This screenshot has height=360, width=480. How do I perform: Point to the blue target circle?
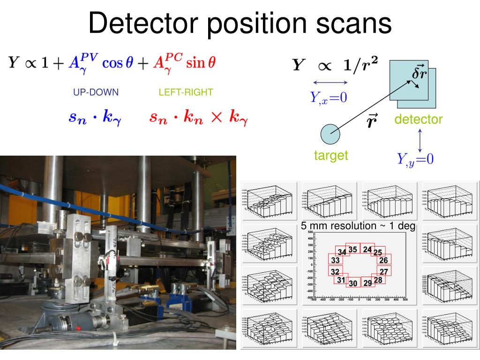pos(330,134)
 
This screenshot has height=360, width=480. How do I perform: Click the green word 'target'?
pos(331,155)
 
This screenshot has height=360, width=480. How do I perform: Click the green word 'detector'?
pos(418,120)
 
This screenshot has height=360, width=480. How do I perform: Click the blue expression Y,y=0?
pos(415,160)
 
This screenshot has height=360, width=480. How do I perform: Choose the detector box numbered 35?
pos(353,249)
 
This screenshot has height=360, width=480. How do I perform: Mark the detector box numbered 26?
pos(383,260)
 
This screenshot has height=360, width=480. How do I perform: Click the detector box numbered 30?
pos(353,283)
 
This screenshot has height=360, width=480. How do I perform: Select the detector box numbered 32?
pos(335,272)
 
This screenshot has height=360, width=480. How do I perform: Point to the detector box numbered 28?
pos(378,280)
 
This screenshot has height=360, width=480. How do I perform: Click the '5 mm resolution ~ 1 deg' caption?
pos(359,226)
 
